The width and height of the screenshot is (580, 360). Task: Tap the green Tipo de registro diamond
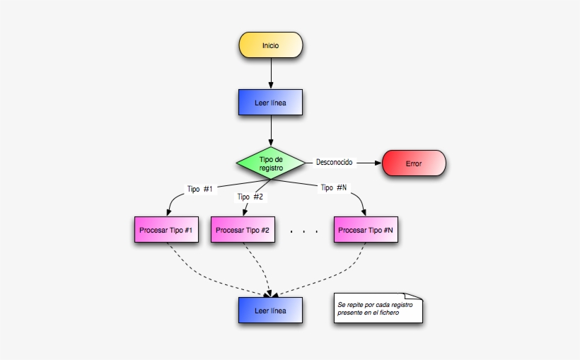pos(271,164)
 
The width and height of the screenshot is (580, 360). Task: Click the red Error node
pos(414,163)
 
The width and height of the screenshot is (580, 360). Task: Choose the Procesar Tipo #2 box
pos(243,230)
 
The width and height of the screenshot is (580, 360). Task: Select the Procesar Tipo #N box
pos(366,230)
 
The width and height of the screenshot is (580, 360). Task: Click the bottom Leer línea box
pos(271,310)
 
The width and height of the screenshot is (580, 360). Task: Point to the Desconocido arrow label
pos(334,162)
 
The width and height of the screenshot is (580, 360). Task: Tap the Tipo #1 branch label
pos(199,189)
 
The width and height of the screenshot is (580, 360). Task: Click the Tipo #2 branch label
pos(250,197)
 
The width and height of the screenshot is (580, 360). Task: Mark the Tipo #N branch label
pos(333,187)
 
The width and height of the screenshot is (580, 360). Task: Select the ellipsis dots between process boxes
pos(304,231)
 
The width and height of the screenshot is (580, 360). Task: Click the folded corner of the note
pos(416,297)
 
